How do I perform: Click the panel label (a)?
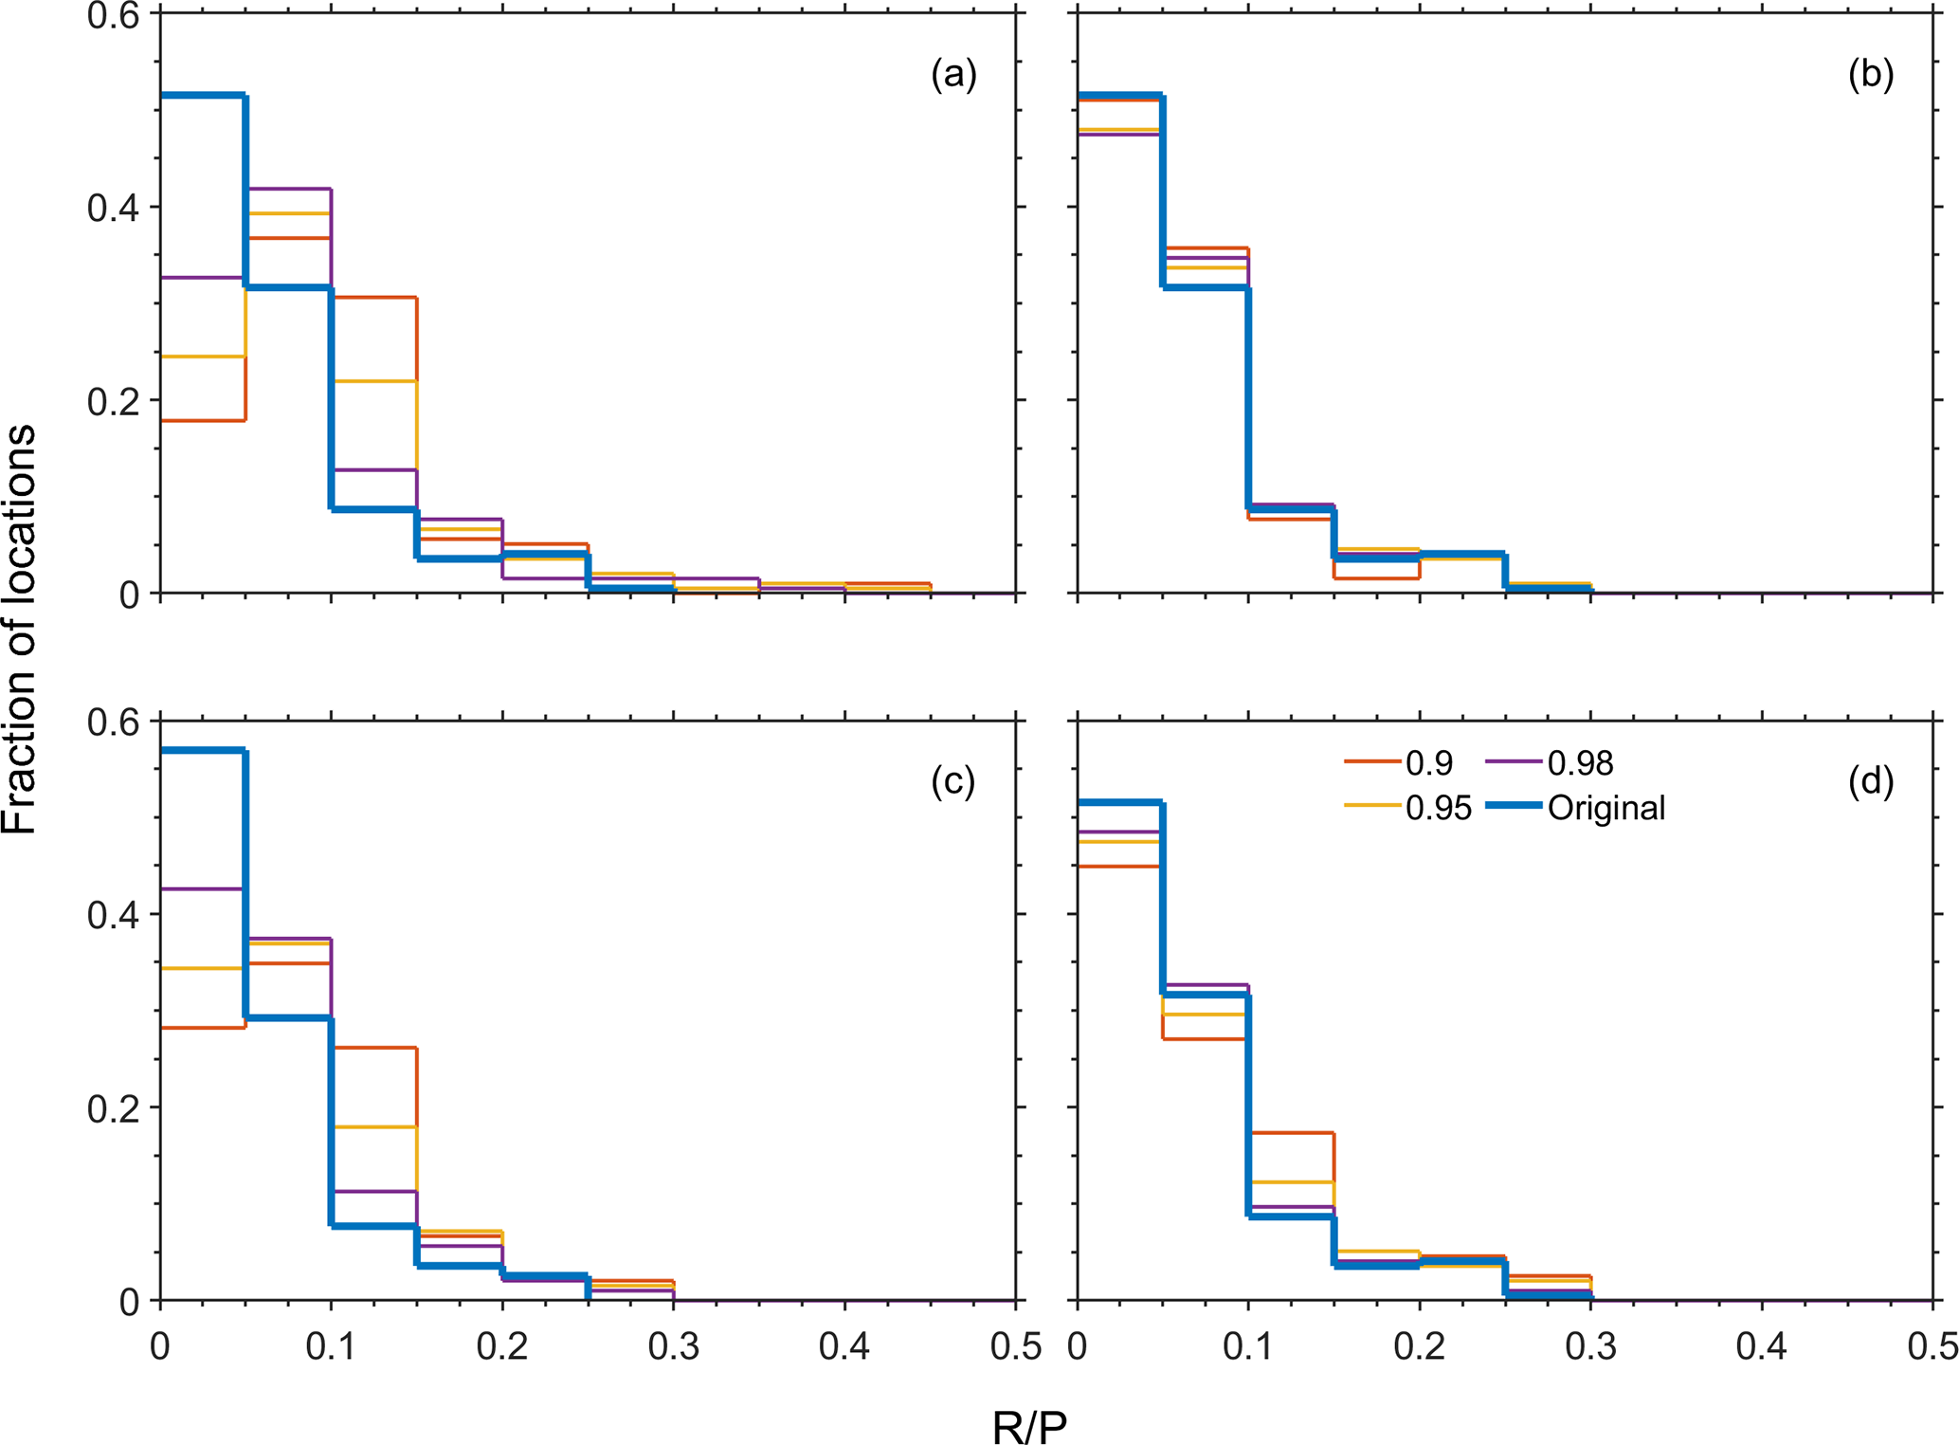[952, 74]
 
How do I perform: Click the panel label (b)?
[1870, 74]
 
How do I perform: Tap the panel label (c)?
[952, 781]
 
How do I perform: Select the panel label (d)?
[1870, 781]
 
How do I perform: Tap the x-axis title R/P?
[1029, 1425]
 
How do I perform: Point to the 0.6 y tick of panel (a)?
[113, 16]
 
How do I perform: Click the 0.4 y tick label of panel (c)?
[113, 915]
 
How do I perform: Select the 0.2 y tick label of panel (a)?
[113, 400]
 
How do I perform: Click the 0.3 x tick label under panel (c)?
[673, 1346]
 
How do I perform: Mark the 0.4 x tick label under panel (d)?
[1761, 1346]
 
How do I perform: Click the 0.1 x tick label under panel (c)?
[331, 1346]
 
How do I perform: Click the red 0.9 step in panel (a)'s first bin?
[203, 420]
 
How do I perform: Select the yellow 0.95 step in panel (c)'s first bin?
[203, 968]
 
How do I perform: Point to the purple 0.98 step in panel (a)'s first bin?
[203, 278]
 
